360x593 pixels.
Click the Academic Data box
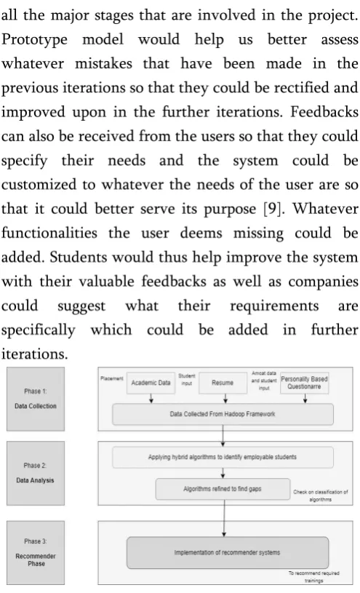point(151,383)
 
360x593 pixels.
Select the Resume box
point(223,383)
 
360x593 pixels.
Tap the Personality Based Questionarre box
point(304,383)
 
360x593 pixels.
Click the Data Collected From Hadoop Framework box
point(223,414)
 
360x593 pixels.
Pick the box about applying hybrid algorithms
point(223,457)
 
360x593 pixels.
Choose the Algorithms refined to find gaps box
point(223,489)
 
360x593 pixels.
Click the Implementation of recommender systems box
point(227,552)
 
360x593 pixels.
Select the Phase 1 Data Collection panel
point(36,399)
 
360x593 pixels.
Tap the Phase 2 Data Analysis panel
point(36,473)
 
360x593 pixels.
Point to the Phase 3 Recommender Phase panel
point(36,552)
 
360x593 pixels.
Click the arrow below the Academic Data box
point(151,399)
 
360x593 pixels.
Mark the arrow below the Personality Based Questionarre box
point(305,399)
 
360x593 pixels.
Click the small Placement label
point(112,378)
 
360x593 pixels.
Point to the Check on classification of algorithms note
point(320,496)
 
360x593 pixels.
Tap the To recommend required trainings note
point(314,577)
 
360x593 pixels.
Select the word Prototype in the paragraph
point(34,40)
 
